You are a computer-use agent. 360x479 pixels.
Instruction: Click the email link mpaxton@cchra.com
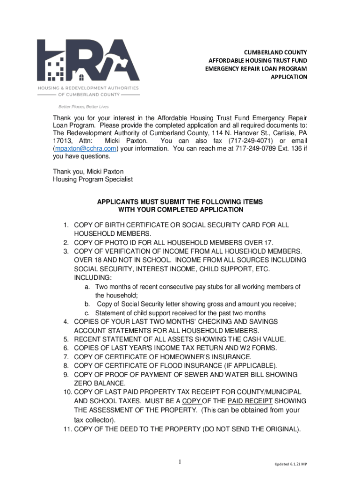click(x=85, y=149)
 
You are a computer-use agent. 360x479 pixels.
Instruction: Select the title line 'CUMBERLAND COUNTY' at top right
click(x=274, y=52)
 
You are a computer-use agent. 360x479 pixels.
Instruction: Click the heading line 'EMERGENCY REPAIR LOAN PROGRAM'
click(x=256, y=69)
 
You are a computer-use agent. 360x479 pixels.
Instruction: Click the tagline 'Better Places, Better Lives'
click(x=77, y=106)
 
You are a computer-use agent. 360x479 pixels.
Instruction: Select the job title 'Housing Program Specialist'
click(x=93, y=179)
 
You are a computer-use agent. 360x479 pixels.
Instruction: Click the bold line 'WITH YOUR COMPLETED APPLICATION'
click(x=180, y=210)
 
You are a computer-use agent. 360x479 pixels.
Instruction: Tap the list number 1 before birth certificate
click(x=66, y=225)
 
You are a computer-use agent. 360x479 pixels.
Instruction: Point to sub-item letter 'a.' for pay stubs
click(x=87, y=287)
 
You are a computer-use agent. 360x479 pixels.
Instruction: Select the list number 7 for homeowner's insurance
click(x=66, y=357)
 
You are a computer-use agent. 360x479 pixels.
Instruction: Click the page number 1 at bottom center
click(x=180, y=463)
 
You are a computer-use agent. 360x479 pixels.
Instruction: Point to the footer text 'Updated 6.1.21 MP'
click(x=290, y=464)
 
